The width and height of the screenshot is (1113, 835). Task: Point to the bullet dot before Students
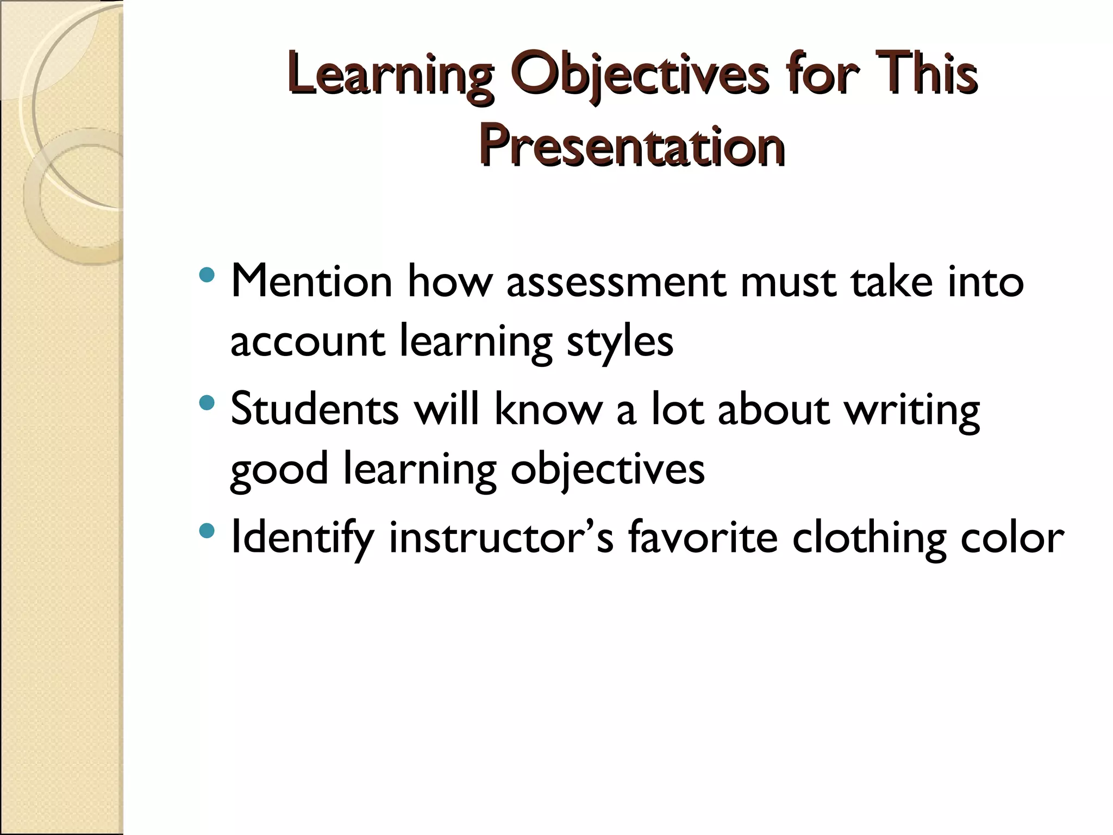tap(207, 403)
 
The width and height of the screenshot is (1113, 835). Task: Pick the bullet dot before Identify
tap(207, 530)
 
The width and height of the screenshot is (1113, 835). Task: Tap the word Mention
tap(311, 283)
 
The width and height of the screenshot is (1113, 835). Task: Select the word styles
tap(620, 342)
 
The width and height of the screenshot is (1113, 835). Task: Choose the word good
tap(279, 470)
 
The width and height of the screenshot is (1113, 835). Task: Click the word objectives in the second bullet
tap(607, 470)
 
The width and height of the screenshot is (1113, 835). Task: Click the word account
tap(308, 342)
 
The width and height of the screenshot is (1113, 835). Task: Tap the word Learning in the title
tap(391, 76)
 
